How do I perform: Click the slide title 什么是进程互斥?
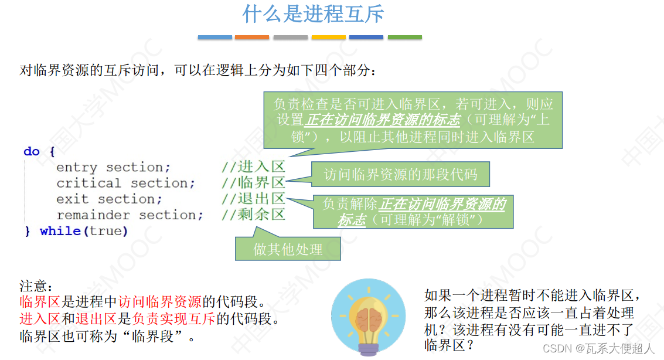[x=313, y=14]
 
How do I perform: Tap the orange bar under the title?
[x=252, y=38]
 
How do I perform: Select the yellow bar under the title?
[x=328, y=38]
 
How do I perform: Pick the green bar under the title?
[x=404, y=38]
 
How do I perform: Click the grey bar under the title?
[x=290, y=38]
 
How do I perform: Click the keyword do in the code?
[x=31, y=152]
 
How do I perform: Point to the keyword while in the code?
[x=60, y=232]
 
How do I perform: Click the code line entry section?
[x=113, y=168]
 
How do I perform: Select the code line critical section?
[x=125, y=184]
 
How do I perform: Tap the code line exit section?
[x=109, y=199]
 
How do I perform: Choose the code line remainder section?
[x=130, y=215]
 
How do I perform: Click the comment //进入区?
[x=253, y=167]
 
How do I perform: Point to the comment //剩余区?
[x=253, y=215]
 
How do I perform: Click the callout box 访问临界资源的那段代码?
[x=400, y=174]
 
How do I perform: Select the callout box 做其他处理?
[x=288, y=249]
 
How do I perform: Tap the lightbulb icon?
[x=368, y=317]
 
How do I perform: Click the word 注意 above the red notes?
[x=36, y=287]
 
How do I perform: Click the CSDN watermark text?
[x=598, y=349]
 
